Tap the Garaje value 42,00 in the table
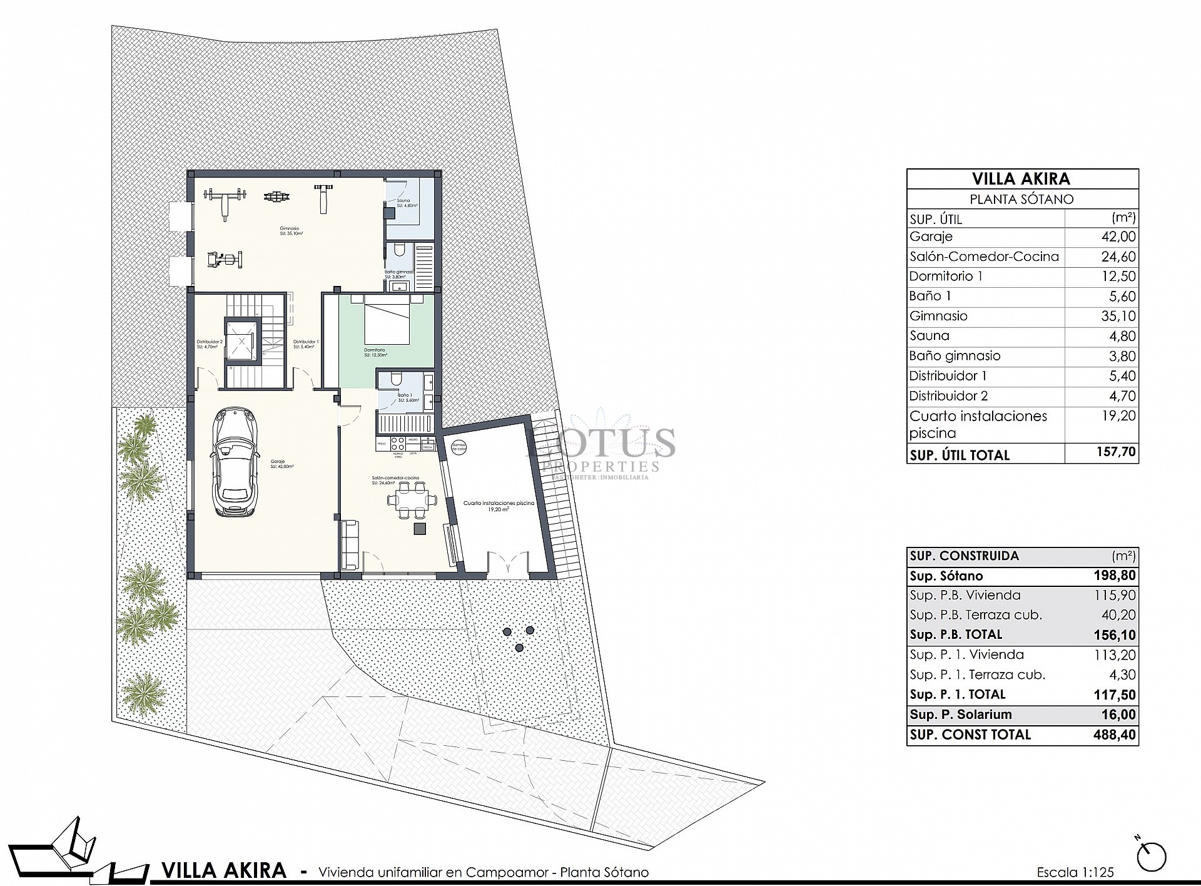coord(1118,237)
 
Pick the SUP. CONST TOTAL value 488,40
coord(1117,735)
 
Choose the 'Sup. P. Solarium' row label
coord(960,715)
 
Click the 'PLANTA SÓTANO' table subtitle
coord(1021,200)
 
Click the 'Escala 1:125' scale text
coord(1075,872)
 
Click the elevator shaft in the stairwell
coord(241,341)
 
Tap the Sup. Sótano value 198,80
coord(1117,576)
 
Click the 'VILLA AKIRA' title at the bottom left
coord(224,870)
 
